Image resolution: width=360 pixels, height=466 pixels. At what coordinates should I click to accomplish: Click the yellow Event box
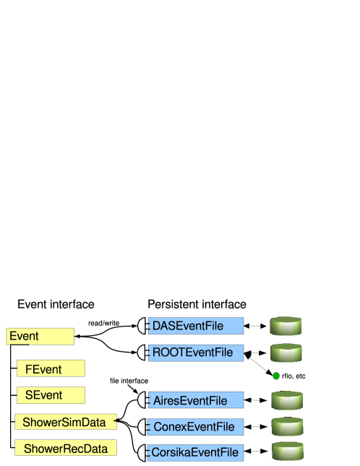40,337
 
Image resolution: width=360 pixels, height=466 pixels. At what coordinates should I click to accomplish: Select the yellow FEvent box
51,369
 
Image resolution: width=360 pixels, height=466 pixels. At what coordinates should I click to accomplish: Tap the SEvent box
51,395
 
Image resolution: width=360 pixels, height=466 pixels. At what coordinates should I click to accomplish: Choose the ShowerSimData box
65,422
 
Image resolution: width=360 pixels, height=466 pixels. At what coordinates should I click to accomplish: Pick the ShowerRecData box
65,449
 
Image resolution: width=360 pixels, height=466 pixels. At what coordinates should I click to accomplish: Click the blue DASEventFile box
196,326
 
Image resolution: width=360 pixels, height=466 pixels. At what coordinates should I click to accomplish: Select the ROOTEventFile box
196,353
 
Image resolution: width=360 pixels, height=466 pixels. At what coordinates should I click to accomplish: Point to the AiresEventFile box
196,400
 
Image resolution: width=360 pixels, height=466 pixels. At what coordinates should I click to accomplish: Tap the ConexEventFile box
196,427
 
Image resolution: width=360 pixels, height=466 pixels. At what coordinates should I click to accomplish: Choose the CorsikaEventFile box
196,453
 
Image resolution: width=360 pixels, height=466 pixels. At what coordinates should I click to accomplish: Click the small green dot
276,376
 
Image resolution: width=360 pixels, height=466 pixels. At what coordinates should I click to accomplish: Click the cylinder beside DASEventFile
286,326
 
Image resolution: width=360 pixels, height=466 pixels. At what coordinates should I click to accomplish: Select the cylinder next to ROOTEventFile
286,353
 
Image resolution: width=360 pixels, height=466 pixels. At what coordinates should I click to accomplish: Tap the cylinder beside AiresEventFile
286,400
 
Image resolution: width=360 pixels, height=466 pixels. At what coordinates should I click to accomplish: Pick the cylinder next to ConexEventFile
286,426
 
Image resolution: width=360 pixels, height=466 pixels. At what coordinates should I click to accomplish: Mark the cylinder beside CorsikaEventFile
288,452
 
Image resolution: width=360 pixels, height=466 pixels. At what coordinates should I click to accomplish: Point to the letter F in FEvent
29,369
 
